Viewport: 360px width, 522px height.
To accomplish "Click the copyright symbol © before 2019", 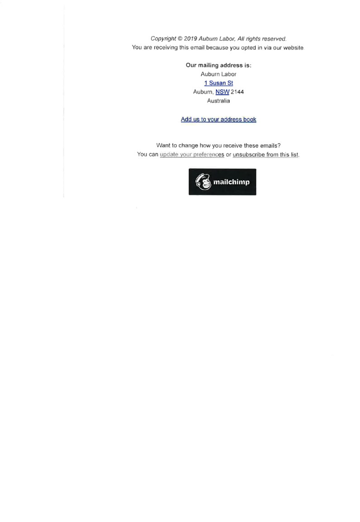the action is coord(180,38).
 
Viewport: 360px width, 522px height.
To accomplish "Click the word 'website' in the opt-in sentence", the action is coord(293,47).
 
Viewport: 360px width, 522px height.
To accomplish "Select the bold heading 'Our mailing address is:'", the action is coord(218,65).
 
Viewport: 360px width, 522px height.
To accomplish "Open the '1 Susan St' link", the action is coord(218,83).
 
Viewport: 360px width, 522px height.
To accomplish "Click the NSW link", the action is coord(222,92).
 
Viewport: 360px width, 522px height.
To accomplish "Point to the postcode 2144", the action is coord(237,92).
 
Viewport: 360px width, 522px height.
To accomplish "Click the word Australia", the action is coord(218,101).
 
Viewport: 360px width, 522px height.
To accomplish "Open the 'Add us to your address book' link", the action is coord(218,119).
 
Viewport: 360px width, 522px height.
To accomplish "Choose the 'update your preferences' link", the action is coord(192,154).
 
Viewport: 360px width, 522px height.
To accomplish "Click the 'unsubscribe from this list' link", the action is coord(265,154).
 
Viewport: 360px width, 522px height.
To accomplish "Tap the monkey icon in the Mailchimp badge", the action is coord(203,182).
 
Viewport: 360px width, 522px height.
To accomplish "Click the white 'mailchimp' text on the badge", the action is coord(232,182).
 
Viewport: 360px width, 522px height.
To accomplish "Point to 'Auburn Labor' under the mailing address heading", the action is coord(218,74).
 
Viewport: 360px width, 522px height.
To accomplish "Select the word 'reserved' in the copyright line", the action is coord(274,38).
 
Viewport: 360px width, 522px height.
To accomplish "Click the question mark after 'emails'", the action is coord(279,146).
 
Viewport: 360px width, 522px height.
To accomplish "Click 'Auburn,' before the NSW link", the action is coord(203,92).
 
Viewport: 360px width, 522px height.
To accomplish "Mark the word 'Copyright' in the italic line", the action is coord(163,38).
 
